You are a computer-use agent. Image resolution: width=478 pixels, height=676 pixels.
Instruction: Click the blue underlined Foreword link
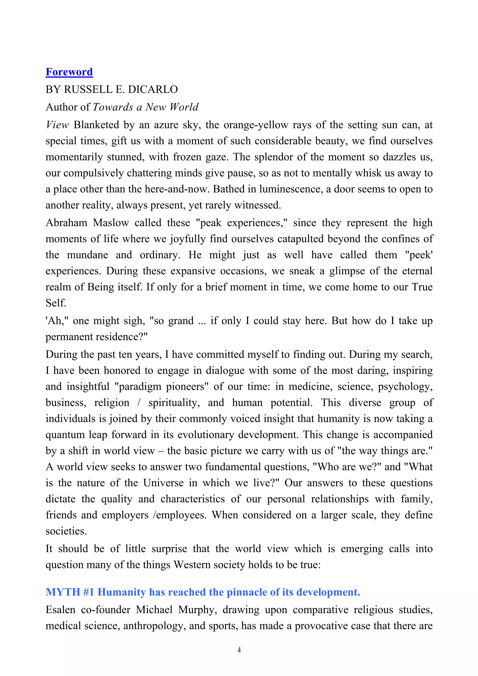[x=69, y=72]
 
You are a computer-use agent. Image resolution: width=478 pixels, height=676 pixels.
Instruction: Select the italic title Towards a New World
[x=145, y=107]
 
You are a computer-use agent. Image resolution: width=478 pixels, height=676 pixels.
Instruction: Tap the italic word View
[x=57, y=125]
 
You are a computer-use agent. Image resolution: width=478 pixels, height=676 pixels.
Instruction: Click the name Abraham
[x=66, y=223]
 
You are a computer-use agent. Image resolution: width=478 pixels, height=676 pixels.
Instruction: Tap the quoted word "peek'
[x=418, y=255]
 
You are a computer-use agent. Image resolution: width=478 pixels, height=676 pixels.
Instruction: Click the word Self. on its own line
[x=56, y=303]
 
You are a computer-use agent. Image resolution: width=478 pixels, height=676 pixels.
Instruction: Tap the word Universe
[x=163, y=483]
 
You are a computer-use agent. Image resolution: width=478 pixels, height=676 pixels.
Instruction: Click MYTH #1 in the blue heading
[x=70, y=592]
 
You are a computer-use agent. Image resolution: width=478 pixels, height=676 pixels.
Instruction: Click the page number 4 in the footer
[x=239, y=650]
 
